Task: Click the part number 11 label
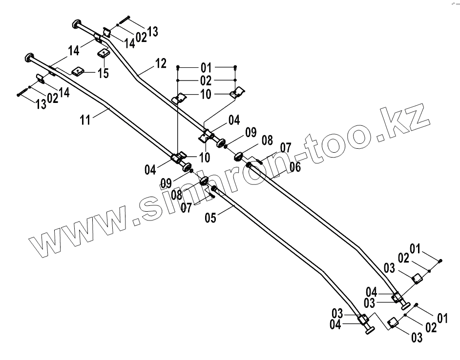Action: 85,120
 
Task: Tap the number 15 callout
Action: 103,74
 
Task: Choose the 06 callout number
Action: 294,166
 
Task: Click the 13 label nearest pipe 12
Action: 152,32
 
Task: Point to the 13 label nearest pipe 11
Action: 41,103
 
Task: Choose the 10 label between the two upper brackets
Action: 206,94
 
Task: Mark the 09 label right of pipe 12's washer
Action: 251,132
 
